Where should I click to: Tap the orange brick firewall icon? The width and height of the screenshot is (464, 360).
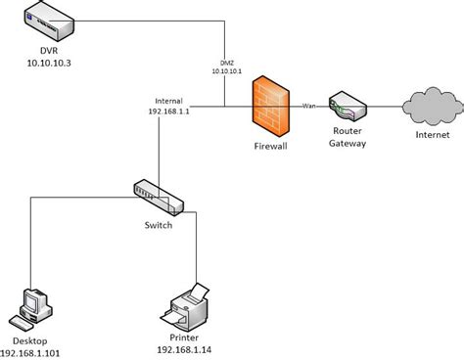click(271, 106)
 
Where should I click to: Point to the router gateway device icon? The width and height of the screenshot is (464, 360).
click(347, 106)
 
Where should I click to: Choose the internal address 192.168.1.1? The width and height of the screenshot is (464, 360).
click(168, 111)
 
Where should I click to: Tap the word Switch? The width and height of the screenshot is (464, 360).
click(158, 225)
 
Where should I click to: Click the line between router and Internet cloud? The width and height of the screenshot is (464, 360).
click(386, 106)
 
